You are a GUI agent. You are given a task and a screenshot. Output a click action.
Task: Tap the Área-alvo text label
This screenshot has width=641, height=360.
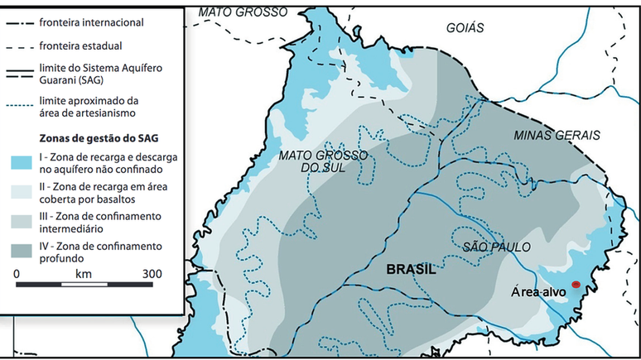point(538,292)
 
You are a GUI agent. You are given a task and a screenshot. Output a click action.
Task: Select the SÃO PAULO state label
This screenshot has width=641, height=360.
point(496,247)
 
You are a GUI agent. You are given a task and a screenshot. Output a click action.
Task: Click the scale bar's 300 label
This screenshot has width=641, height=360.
point(152,273)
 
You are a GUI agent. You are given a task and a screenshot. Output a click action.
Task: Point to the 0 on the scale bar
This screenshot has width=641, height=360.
point(17,273)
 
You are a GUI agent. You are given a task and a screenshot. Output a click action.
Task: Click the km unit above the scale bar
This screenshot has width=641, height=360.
point(84,273)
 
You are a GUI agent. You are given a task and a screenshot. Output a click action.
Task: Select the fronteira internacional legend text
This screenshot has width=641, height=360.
point(90,22)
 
